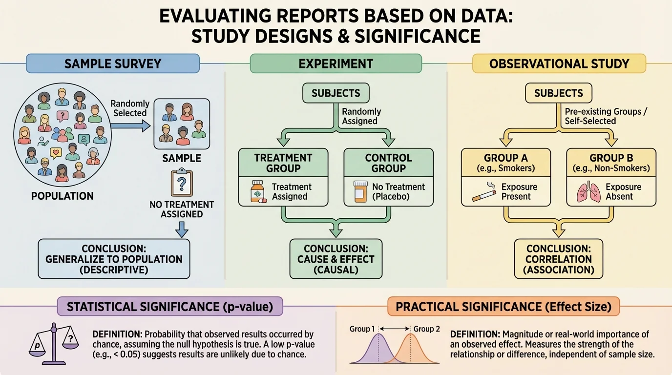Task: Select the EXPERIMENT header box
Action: [336, 63]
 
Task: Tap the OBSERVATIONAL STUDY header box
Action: [559, 63]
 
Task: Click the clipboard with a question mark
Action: [182, 184]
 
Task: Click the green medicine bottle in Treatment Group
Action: [258, 192]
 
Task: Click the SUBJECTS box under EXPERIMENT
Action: [336, 93]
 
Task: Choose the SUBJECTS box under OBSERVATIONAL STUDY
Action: [559, 93]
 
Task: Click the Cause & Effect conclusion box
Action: [336, 259]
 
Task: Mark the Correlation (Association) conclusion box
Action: [559, 259]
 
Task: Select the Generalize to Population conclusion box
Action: [114, 259]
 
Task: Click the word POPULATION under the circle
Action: [62, 196]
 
